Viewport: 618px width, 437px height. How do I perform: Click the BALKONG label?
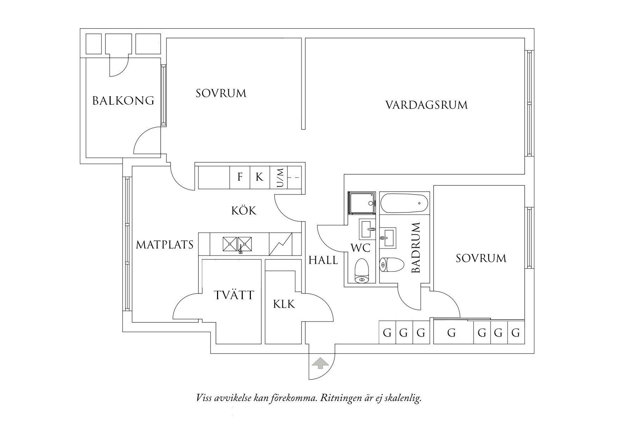point(123,101)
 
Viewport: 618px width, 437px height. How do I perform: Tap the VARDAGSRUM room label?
point(426,105)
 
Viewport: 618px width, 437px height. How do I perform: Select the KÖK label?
point(244,211)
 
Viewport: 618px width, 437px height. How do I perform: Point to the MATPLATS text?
point(165,245)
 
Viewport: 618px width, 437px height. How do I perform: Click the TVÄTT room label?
point(234,295)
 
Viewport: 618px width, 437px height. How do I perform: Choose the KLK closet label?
point(284,304)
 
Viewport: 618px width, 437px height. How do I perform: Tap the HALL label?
point(323,260)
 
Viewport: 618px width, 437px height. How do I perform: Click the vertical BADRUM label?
point(416,248)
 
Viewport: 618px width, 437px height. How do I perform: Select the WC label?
point(360,248)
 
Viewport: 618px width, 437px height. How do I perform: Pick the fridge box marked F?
point(240,177)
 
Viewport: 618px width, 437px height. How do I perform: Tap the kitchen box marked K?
point(259,177)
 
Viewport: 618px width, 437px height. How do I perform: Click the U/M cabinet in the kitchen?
point(279,178)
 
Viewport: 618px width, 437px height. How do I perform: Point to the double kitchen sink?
point(237,244)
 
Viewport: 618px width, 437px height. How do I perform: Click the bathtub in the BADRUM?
point(404,203)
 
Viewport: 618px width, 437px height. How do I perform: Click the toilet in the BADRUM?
point(392,264)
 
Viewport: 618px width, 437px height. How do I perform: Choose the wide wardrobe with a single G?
point(451,332)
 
